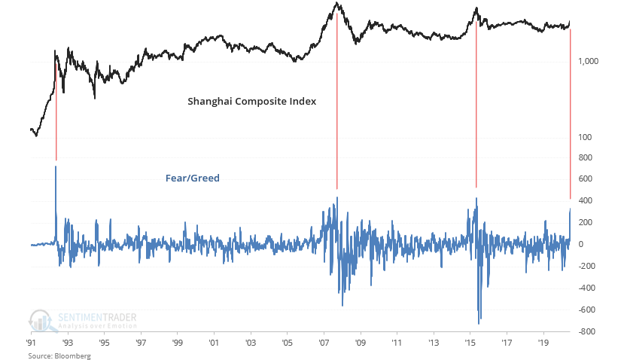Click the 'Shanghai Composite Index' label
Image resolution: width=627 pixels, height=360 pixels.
(251, 101)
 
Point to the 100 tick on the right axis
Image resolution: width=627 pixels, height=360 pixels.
(586, 137)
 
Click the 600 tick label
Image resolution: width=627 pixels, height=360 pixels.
(586, 179)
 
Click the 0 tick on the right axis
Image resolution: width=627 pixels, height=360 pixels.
(580, 244)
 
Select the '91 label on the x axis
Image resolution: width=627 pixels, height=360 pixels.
(32, 342)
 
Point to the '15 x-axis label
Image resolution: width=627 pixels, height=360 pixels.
(470, 342)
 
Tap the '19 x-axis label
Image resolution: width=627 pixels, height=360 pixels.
(543, 342)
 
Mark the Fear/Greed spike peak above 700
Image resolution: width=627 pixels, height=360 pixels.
(56, 166)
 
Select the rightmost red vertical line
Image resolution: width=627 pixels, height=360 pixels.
(571, 113)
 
